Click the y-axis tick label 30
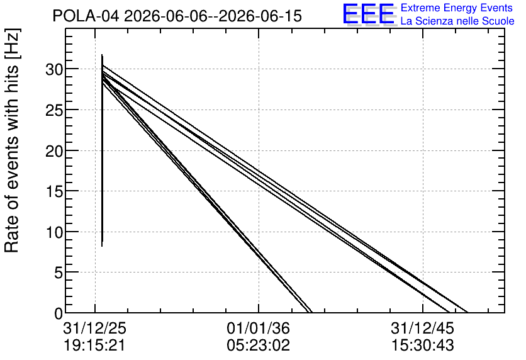pyautogui.click(x=54, y=70)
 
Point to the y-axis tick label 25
pyautogui.click(x=54, y=111)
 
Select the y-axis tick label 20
pyautogui.click(x=54, y=151)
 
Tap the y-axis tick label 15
pyautogui.click(x=54, y=192)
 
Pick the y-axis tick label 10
pyautogui.click(x=54, y=233)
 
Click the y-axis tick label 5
pyautogui.click(x=59, y=273)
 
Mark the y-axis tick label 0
pyautogui.click(x=59, y=314)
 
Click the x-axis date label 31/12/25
pyautogui.click(x=94, y=328)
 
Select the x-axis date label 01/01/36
pyautogui.click(x=259, y=328)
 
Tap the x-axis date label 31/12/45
pyautogui.click(x=422, y=328)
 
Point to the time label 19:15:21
pyautogui.click(x=94, y=346)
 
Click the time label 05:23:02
pyautogui.click(x=259, y=346)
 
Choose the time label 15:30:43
pyautogui.click(x=422, y=346)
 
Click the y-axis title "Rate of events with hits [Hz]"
pyautogui.click(x=12, y=141)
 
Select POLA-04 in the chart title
pyautogui.click(x=86, y=16)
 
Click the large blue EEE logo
pyautogui.click(x=369, y=14)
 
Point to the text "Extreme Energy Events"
pyautogui.click(x=457, y=8)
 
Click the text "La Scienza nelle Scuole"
pyautogui.click(x=457, y=21)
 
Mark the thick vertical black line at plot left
pyautogui.click(x=102, y=150)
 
